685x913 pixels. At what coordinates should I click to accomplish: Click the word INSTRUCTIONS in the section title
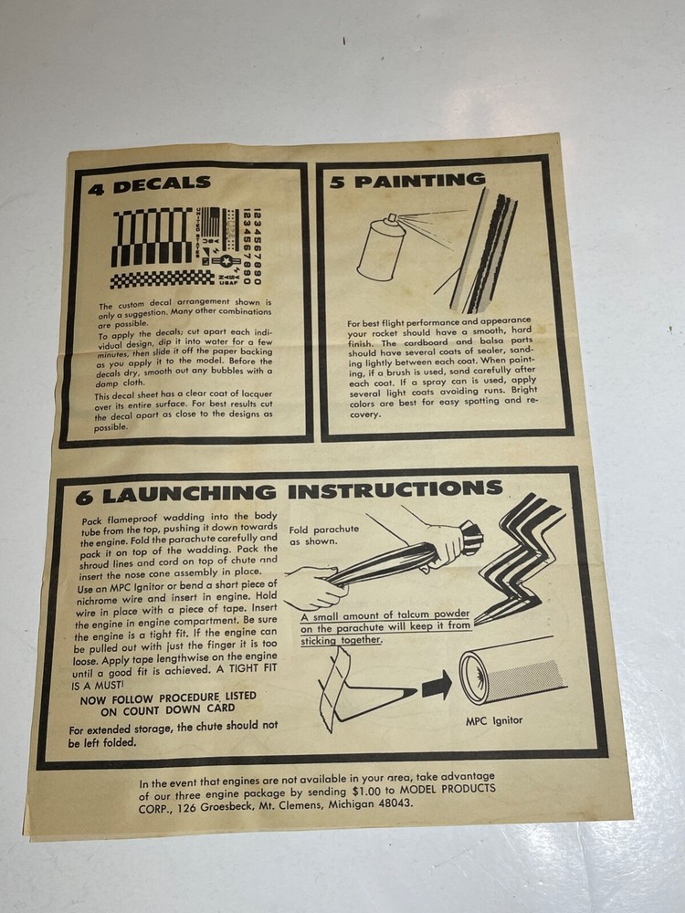coord(395,490)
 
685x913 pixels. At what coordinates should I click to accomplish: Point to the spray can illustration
coord(382,247)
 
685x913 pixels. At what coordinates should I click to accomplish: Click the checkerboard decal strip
coord(162,278)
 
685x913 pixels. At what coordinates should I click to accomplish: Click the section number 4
coord(95,189)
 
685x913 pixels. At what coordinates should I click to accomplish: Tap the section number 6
coord(83,498)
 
